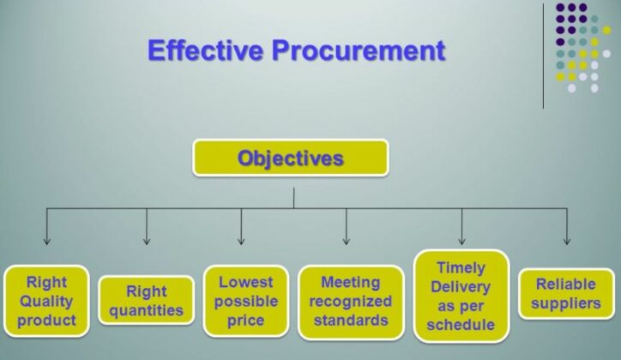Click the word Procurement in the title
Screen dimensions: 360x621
tap(359, 51)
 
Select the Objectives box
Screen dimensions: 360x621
tap(290, 159)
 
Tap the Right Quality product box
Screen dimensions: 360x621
tap(46, 302)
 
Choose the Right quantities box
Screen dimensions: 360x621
tap(146, 301)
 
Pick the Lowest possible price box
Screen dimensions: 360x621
tap(245, 302)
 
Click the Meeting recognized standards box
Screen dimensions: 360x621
tap(350, 302)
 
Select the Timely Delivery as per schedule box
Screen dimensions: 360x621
tap(461, 296)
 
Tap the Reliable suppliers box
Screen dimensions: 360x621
tap(565, 293)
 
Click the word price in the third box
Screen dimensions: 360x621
tap(245, 321)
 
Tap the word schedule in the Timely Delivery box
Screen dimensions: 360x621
tap(461, 325)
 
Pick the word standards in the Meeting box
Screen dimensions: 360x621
tap(350, 321)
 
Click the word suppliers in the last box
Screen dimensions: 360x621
tap(565, 303)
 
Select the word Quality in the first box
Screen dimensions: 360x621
tap(46, 302)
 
